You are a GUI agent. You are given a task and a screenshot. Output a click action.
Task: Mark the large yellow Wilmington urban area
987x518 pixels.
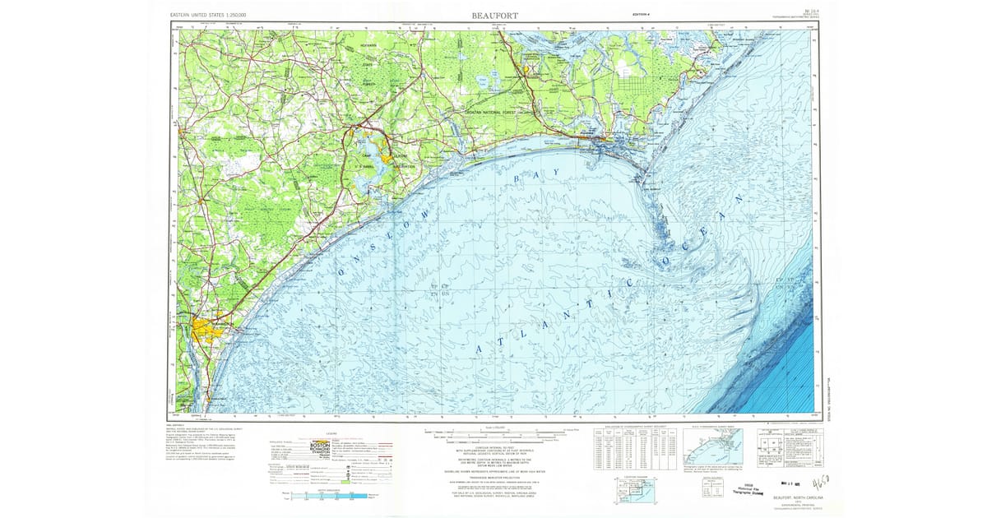pyautogui.click(x=209, y=333)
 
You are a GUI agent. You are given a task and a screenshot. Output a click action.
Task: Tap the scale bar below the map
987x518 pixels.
pyautogui.click(x=493, y=432)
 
